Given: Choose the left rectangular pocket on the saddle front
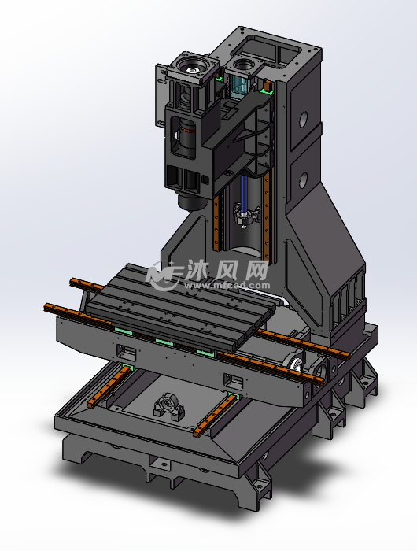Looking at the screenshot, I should (x=126, y=350).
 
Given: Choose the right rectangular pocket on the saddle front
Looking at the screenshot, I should (x=232, y=381).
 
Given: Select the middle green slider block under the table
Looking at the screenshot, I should (x=164, y=342).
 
